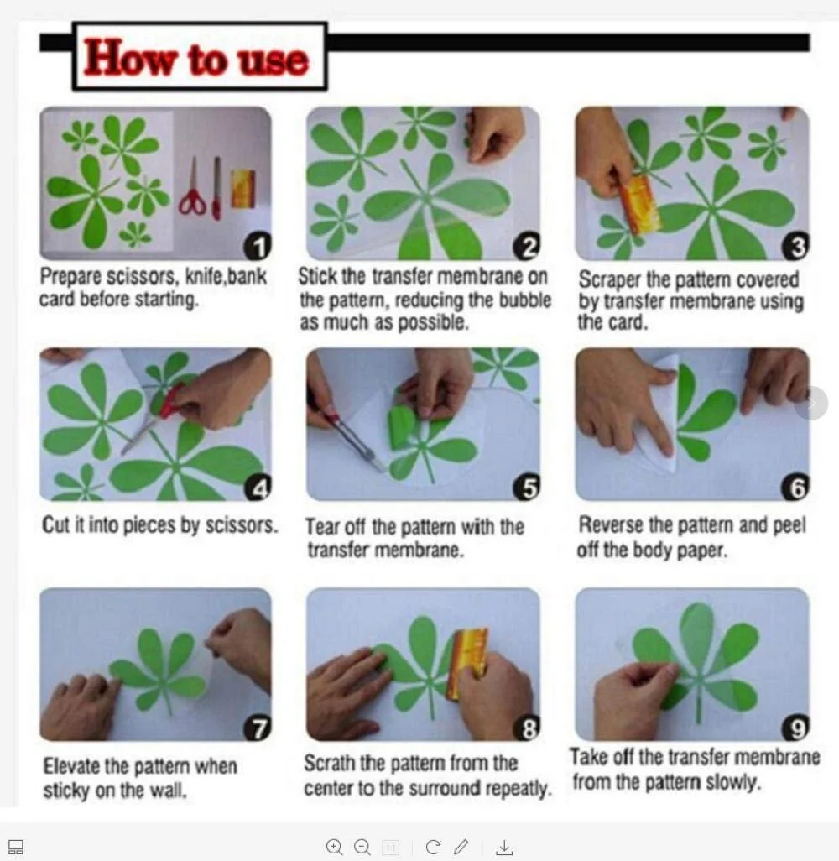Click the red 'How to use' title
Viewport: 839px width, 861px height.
tap(195, 58)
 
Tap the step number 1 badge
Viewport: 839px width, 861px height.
tap(258, 247)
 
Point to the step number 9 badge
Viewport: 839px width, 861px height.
tap(795, 728)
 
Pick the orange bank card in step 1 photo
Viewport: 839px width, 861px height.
tap(242, 188)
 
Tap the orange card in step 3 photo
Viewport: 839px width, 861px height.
tap(639, 205)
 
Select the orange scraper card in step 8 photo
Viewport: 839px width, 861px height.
tap(466, 663)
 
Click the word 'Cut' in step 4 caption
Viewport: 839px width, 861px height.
tap(55, 524)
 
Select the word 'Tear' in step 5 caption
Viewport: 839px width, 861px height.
tap(321, 527)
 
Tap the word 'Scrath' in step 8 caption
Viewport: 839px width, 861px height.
tap(330, 763)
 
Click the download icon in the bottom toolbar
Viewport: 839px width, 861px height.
tap(504, 848)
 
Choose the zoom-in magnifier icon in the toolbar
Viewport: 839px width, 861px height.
tap(335, 847)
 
